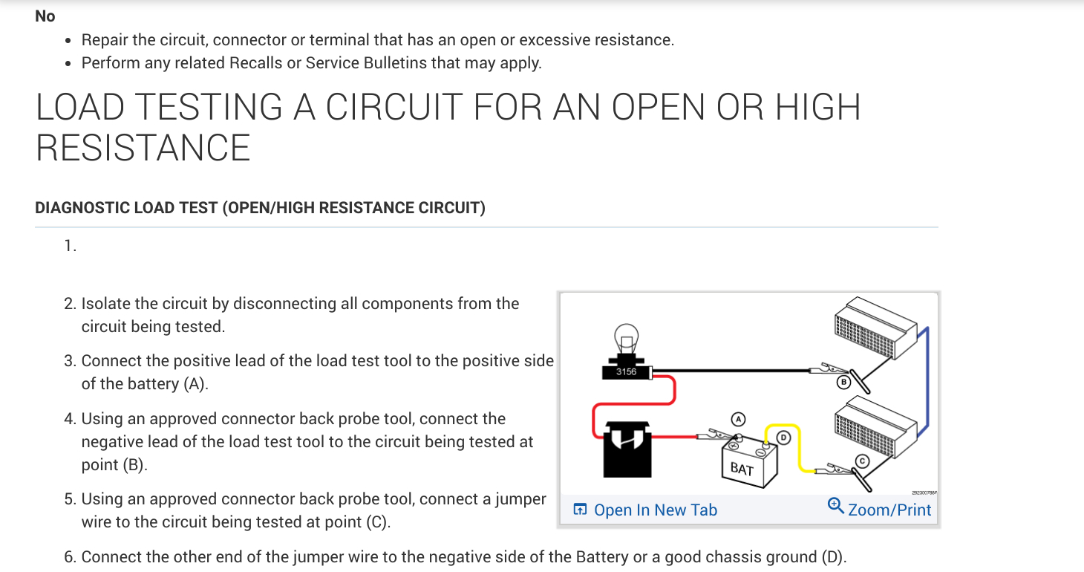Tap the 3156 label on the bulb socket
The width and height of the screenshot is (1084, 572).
coord(626,371)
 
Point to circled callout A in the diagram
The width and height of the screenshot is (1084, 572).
coord(737,419)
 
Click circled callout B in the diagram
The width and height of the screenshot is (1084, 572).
coord(843,383)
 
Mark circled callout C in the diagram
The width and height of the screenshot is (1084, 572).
coord(862,461)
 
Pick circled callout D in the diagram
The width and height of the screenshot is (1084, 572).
coord(783,438)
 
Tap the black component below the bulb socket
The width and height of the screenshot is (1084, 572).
coord(627,449)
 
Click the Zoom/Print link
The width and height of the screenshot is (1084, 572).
coord(889,510)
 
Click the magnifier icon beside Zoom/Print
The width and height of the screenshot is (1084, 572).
coord(836,507)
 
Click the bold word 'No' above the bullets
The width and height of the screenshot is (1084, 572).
coord(45,16)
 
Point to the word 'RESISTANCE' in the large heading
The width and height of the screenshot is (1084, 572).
coord(143,147)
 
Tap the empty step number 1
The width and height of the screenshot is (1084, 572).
coord(70,247)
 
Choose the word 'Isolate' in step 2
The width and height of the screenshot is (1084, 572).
coord(107,304)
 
